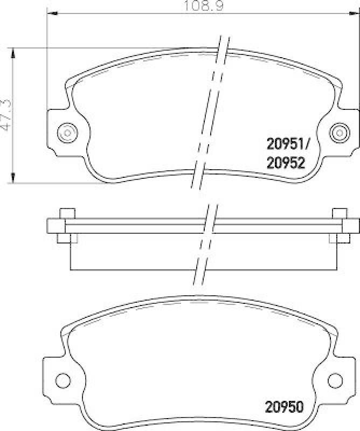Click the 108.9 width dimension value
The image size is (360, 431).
click(x=204, y=6)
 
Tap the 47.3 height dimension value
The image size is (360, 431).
click(x=7, y=115)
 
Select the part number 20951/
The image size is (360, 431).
click(x=288, y=144)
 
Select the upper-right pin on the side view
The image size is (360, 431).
click(x=339, y=212)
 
